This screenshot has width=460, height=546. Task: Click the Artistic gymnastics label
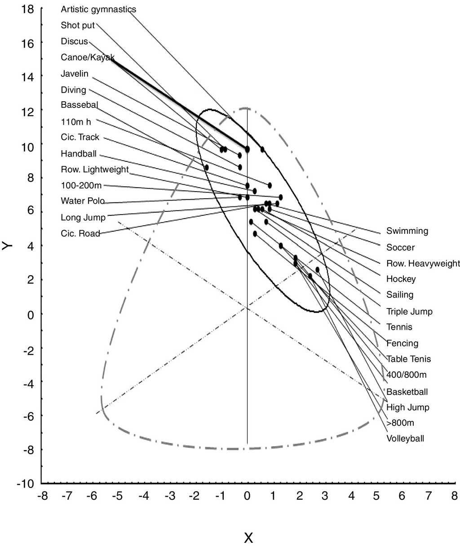coord(98,9)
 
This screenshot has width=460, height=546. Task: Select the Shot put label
coord(78,26)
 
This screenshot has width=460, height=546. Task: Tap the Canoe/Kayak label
coord(88,58)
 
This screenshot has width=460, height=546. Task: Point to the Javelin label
coord(75,74)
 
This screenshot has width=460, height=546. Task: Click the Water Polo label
coord(83,201)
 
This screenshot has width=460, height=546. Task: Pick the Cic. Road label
coord(80,234)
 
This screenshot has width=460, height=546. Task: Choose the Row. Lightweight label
coord(95,170)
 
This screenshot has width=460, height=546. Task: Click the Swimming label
coord(407,231)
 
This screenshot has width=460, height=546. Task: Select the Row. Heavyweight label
coord(423,264)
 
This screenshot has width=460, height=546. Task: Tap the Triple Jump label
coord(409,312)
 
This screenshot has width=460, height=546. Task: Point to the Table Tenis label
coord(408,359)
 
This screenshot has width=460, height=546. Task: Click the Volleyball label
coord(405,439)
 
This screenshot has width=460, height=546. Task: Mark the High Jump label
coord(407,407)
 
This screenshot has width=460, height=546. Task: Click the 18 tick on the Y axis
coord(28,9)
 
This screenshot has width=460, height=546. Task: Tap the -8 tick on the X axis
coord(43,496)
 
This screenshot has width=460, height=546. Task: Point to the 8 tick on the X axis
coord(455,496)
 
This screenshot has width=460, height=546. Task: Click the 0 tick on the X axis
coord(247,496)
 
